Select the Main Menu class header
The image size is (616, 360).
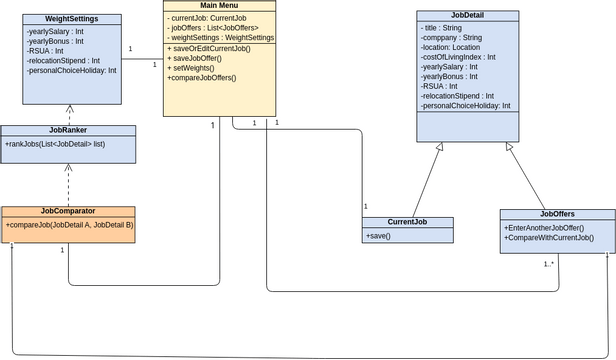click(x=219, y=6)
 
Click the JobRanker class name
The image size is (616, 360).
click(x=68, y=130)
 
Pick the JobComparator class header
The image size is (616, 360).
click(x=68, y=211)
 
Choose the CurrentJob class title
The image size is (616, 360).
click(x=407, y=222)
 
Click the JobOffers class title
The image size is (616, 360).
click(x=557, y=214)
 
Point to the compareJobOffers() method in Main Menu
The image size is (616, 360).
click(x=202, y=77)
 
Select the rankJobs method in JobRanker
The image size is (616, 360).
click(x=56, y=144)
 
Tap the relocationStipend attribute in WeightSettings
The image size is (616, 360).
click(x=63, y=60)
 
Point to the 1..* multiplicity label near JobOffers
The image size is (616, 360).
click(x=549, y=264)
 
